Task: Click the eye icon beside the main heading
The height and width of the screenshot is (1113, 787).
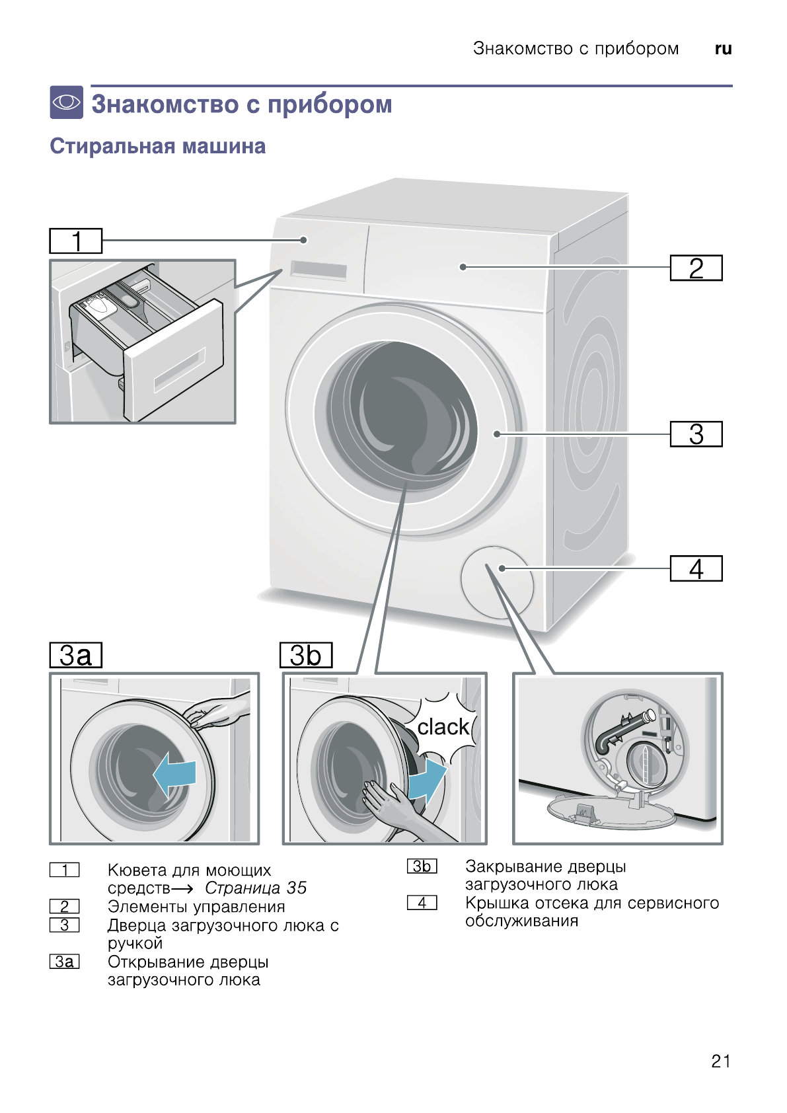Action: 67,102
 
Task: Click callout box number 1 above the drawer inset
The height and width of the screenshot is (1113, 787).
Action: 75,241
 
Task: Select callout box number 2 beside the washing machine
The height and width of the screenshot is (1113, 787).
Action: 696,268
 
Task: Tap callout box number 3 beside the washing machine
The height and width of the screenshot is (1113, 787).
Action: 696,434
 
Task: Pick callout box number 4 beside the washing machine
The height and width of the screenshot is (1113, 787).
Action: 696,568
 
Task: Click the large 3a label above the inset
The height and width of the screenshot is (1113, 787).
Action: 75,655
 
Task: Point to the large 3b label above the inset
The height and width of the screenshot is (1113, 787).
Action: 305,655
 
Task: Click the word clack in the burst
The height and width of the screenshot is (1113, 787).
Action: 443,727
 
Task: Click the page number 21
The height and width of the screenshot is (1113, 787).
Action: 720,1061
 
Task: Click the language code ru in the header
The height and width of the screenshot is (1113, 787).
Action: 723,49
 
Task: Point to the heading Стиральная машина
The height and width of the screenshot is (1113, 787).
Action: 157,146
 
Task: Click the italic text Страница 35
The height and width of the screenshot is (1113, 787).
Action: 255,888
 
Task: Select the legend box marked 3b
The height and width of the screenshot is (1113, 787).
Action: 422,866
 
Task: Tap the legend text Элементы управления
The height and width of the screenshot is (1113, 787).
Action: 196,906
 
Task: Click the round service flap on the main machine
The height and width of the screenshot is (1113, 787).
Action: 497,582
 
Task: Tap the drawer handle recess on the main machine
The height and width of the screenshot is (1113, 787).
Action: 319,270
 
